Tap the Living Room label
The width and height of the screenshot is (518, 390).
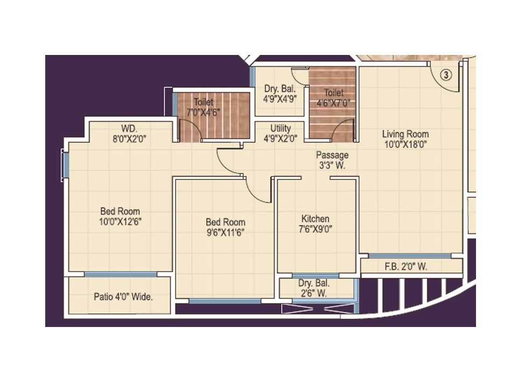[405, 134]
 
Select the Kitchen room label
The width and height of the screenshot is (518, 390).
[315, 219]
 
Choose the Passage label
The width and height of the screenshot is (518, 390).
[332, 155]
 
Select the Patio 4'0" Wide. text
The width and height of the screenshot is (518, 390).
[123, 296]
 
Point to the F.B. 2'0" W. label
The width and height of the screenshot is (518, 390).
[405, 267]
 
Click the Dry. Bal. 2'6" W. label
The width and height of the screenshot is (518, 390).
[315, 288]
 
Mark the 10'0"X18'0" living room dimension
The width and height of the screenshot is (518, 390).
[405, 144]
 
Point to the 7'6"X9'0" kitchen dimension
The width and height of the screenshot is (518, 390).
[315, 229]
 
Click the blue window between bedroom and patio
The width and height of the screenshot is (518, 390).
[121, 274]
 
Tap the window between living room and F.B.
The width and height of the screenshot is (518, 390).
[409, 255]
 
